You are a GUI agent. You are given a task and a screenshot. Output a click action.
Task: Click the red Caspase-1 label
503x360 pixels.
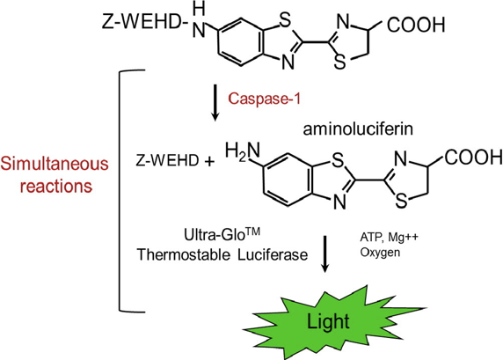tap(265, 99)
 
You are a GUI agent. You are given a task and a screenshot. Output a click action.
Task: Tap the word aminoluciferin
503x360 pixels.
tap(358, 129)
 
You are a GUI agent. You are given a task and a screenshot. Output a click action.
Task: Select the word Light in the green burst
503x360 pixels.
tap(328, 321)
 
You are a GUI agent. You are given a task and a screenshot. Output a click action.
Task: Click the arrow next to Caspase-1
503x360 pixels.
tap(215, 103)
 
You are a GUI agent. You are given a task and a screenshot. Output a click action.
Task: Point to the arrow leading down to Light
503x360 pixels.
tap(325, 254)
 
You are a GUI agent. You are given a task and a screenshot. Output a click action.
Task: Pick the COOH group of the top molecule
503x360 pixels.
tap(416, 25)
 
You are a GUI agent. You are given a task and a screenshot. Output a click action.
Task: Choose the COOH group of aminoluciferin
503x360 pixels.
tap(473, 157)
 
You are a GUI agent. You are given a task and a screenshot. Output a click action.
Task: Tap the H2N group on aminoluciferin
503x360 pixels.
tap(243, 152)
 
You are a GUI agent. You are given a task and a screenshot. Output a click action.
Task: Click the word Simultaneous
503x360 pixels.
tap(55, 163)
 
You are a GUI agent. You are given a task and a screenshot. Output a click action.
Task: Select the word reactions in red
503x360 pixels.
tap(55, 186)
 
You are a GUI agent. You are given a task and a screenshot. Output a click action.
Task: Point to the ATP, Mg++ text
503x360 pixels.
tap(389, 238)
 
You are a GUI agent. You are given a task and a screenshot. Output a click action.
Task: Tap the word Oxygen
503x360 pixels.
tap(380, 253)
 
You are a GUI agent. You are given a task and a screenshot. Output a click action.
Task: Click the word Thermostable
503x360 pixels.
tap(184, 254)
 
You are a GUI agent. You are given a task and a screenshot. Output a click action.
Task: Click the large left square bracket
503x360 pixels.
tap(120, 191)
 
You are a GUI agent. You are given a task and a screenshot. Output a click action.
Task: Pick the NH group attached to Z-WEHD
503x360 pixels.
tap(199, 20)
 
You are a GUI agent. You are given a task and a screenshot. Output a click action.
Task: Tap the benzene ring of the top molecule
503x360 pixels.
tap(241, 41)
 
